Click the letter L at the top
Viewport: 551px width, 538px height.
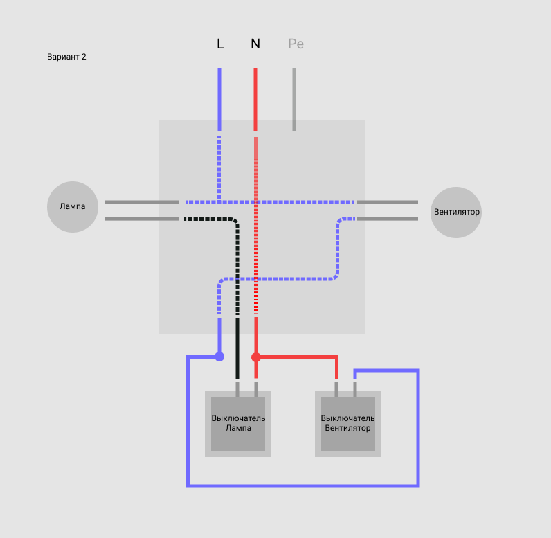point(220,44)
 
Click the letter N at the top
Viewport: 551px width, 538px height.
point(255,44)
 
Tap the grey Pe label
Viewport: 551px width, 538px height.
point(296,44)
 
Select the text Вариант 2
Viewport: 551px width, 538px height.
point(66,57)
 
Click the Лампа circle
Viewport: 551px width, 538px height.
point(73,206)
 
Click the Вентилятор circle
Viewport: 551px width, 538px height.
point(456,213)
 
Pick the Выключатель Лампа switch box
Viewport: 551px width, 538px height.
point(238,424)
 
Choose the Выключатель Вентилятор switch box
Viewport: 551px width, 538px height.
point(348,424)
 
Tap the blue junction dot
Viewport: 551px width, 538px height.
point(219,357)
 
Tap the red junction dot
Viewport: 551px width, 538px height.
point(256,357)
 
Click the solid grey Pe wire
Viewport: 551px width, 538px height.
point(294,99)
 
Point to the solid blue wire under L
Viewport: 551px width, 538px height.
point(219,99)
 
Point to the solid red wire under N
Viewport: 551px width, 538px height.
point(255,99)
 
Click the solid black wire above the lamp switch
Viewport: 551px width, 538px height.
point(237,348)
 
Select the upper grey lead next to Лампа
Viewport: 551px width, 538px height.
point(142,202)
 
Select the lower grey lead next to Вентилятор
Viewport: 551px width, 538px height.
point(388,219)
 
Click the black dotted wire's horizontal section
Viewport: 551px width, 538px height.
point(209,219)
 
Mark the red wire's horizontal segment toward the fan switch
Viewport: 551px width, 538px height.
point(297,357)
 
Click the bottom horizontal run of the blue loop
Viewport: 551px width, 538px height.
point(303,486)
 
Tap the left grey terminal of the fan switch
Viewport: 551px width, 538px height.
point(336,389)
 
